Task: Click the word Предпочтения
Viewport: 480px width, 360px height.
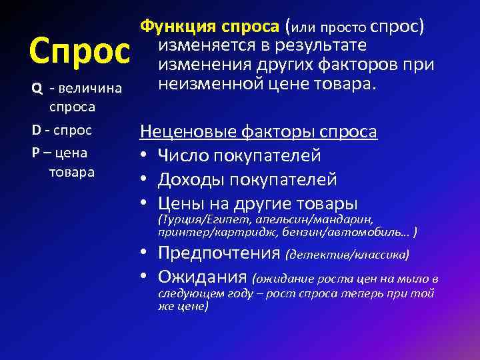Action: point(219,253)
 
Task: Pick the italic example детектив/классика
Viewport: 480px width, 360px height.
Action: point(347,255)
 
